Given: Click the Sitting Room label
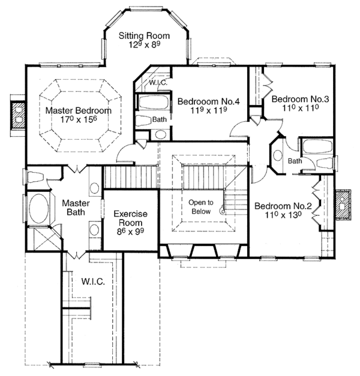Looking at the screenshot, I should pyautogui.click(x=144, y=35).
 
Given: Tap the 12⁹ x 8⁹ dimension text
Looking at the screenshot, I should pyautogui.click(x=144, y=46).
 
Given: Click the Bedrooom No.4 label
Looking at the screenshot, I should pyautogui.click(x=209, y=102).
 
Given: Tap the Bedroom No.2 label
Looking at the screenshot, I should pyautogui.click(x=283, y=207).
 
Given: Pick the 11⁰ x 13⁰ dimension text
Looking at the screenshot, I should pyautogui.click(x=283, y=217).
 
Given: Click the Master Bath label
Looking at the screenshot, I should pyautogui.click(x=76, y=208).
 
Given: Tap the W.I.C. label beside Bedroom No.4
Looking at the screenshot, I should pyautogui.click(x=158, y=82).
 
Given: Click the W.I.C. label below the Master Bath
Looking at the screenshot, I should pyautogui.click(x=86, y=281).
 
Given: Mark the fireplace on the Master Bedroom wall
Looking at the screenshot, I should pyautogui.click(x=18, y=113).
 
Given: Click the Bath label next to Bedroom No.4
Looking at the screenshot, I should pyautogui.click(x=159, y=119).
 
